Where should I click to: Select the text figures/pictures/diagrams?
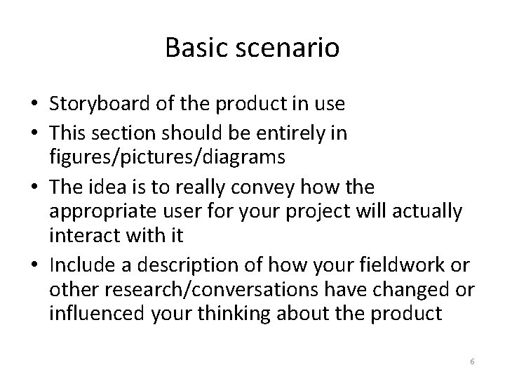(x=167, y=157)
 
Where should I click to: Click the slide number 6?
(x=472, y=361)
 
